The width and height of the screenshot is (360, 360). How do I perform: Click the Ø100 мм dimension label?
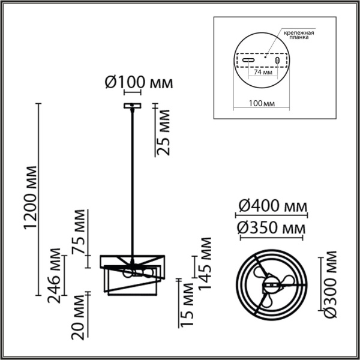pyautogui.click(x=139, y=83)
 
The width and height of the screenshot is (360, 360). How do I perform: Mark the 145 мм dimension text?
pyautogui.click(x=206, y=263)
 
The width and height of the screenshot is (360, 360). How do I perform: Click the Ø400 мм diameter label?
pyautogui.click(x=271, y=206)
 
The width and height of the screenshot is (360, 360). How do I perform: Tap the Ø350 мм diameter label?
pyautogui.click(x=271, y=228)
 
